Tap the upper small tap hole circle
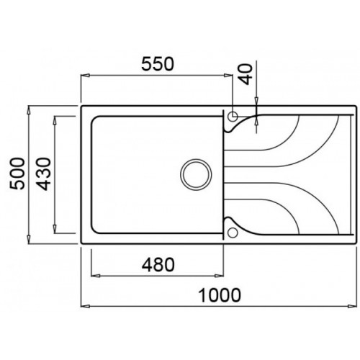click(x=233, y=116)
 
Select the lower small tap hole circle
click(x=232, y=233)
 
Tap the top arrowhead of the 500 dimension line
click(x=29, y=110)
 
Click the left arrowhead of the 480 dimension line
click(x=93, y=274)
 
